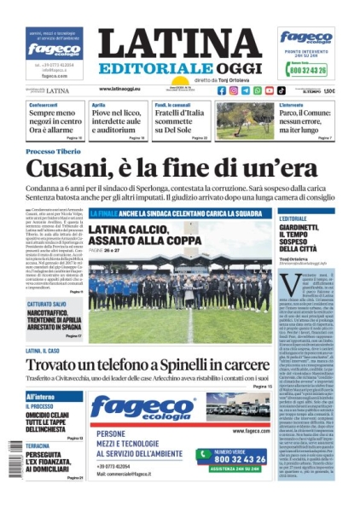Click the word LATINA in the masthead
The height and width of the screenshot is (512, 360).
[x=179, y=45]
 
